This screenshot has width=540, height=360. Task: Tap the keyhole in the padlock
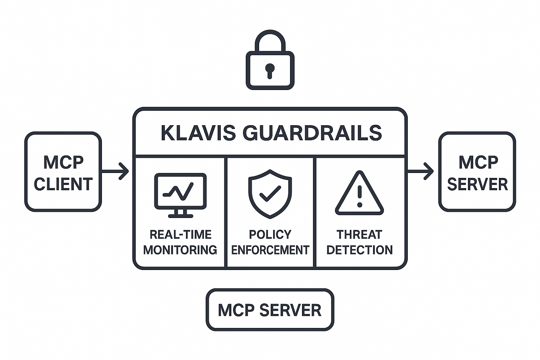coord(270,70)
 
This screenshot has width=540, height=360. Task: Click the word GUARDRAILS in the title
coord(312,133)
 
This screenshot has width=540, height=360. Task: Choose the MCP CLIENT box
coord(63,172)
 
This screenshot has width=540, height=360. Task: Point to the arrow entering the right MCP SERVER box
coord(420,171)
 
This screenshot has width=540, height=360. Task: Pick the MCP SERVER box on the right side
coord(477,172)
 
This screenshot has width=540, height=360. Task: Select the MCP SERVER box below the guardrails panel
coord(270,310)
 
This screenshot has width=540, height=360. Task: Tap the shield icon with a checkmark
coord(270,194)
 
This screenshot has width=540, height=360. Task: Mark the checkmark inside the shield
coord(270,193)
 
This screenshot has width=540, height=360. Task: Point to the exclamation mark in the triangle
coord(359,196)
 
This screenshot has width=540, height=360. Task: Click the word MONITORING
coord(180,250)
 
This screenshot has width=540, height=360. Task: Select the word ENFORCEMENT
coord(270,250)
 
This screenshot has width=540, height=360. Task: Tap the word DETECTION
coord(359,250)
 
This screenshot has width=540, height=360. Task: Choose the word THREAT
coord(359,234)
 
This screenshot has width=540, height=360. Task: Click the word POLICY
coord(270,234)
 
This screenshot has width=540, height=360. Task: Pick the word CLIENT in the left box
coord(63,184)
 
